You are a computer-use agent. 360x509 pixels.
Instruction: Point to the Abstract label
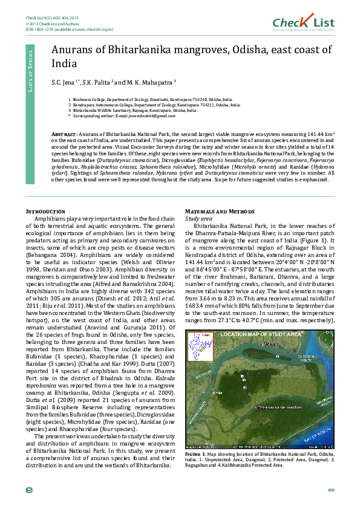(x=64, y=132)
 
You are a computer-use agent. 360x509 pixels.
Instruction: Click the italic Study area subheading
(x=198, y=218)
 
